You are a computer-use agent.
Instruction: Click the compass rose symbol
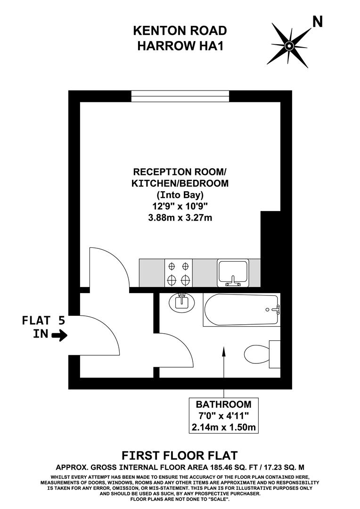[289, 45]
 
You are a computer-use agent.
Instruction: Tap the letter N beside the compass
[318, 22]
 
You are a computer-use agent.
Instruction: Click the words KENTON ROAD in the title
[180, 31]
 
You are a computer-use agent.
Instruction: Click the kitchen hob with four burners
[179, 273]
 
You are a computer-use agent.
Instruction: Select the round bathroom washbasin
[181, 302]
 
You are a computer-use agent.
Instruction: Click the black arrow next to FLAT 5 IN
[59, 336]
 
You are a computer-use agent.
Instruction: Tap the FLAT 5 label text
[43, 321]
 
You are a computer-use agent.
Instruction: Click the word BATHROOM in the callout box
[223, 404]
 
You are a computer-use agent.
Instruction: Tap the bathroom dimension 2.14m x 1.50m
[223, 427]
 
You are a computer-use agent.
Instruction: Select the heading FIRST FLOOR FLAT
[180, 455]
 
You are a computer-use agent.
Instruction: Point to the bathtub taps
[276, 310]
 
